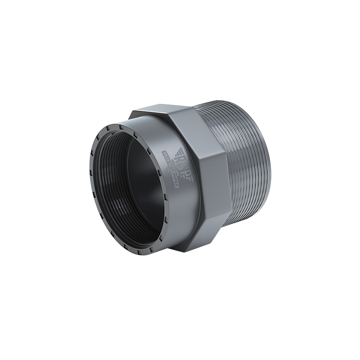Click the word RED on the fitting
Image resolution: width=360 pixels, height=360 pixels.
[x=166, y=157]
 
